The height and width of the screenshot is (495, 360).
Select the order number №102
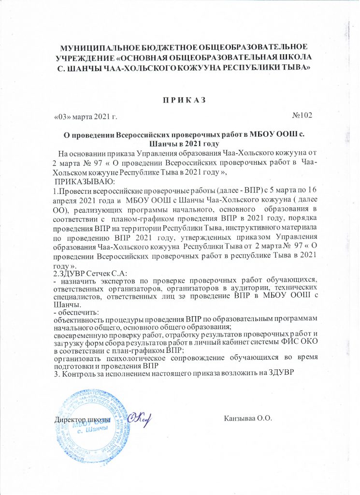coord(302,115)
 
